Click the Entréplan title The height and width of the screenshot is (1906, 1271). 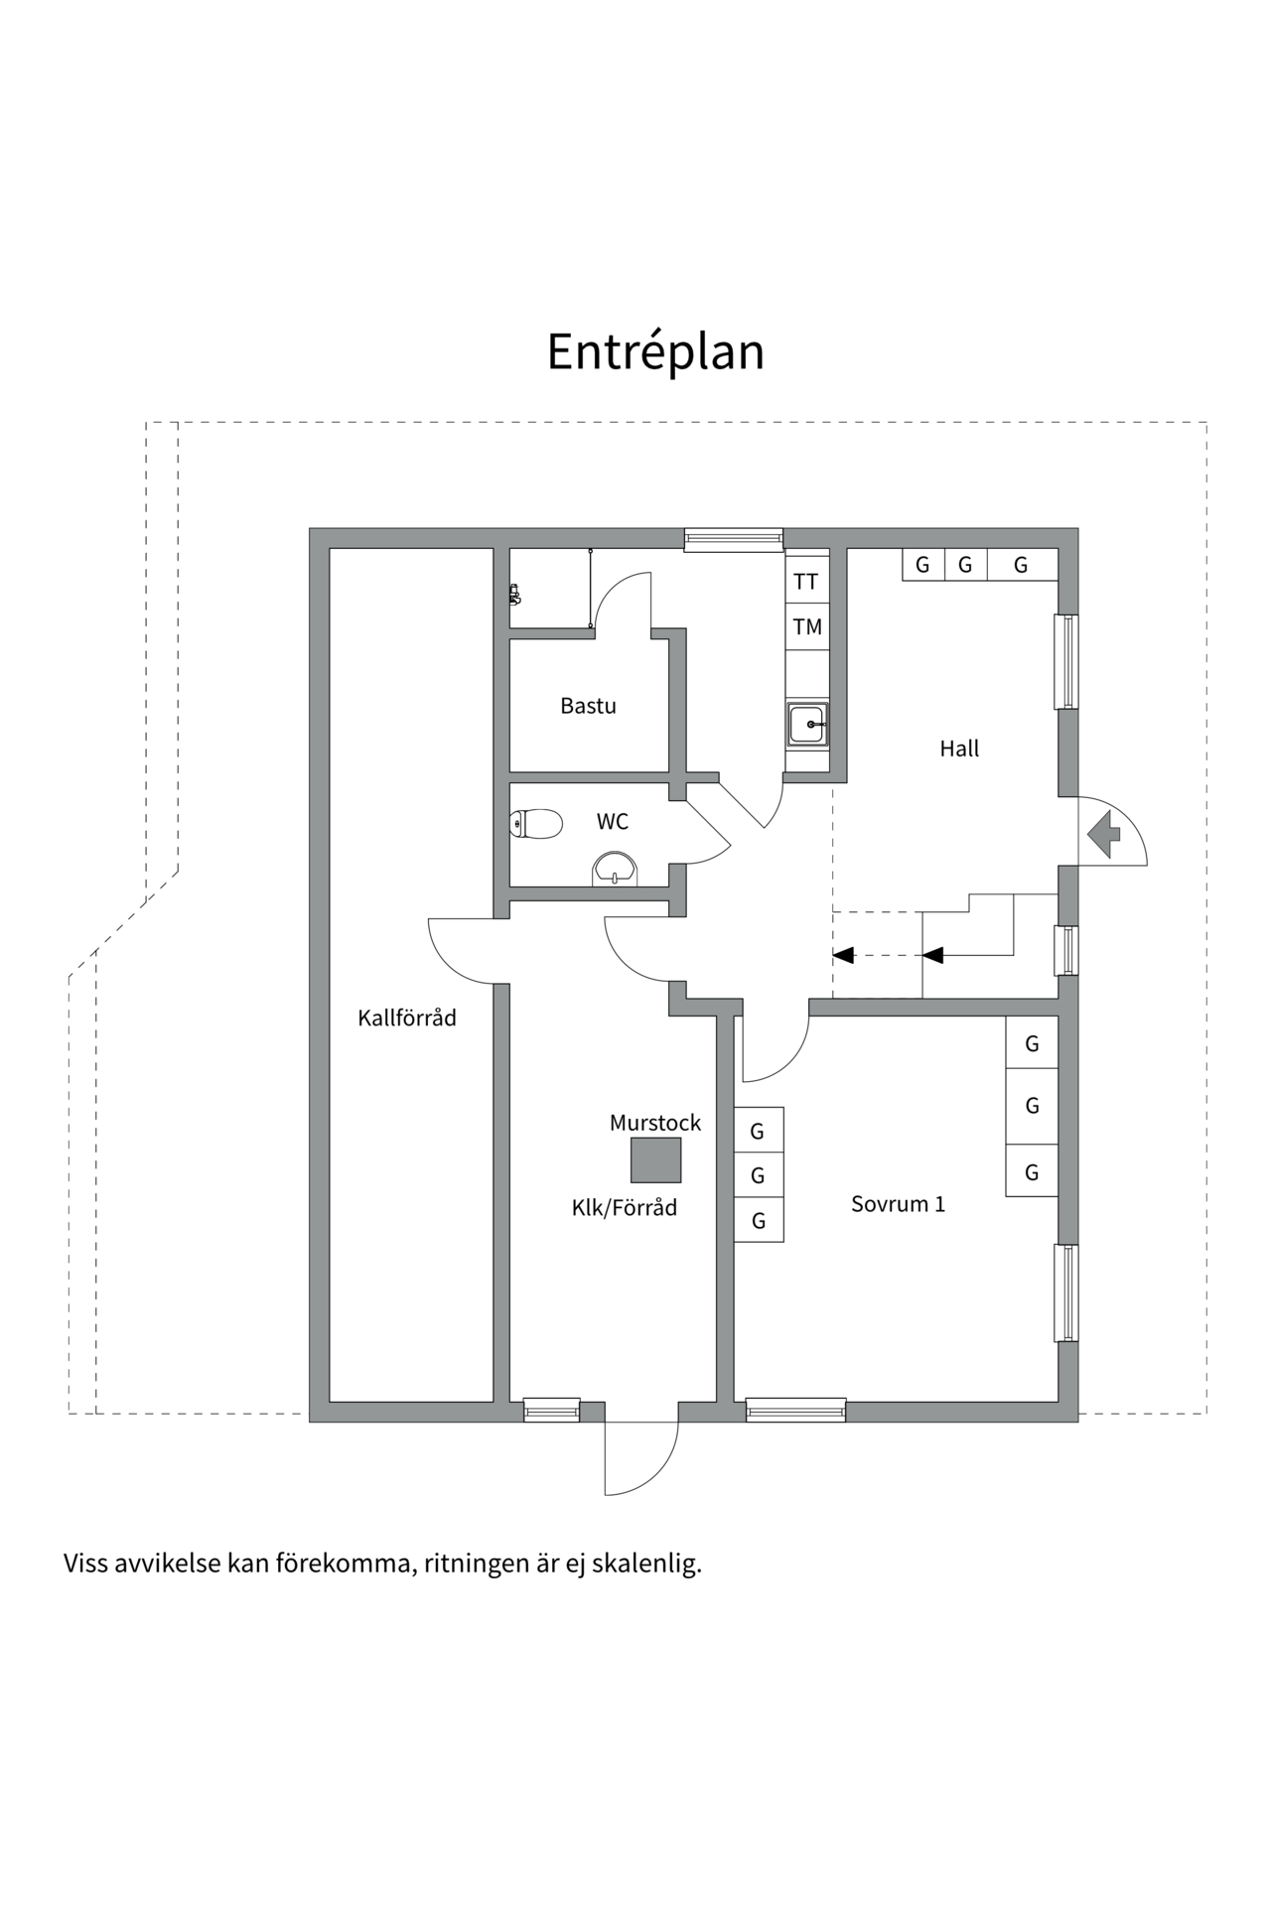point(655,351)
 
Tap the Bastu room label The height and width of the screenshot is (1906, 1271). point(588,706)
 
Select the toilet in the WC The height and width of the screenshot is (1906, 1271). point(535,823)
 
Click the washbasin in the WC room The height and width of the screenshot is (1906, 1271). point(617,870)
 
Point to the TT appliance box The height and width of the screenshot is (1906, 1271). point(806,582)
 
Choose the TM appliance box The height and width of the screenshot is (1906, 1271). point(806,626)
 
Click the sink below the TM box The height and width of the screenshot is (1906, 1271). point(807,724)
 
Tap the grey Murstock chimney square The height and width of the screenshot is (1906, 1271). point(655,1159)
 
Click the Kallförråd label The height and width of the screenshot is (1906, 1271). point(407,1018)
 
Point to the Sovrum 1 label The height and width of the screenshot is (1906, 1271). point(898,1204)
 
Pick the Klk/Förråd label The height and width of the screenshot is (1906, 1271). point(624,1207)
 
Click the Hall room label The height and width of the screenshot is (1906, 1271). point(959,749)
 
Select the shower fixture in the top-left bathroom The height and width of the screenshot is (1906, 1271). point(514,594)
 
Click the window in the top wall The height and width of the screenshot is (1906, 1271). point(733,539)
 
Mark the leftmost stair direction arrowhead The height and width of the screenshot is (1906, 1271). point(844,955)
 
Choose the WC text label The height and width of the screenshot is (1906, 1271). point(612,822)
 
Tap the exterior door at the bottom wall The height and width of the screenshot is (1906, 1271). point(641,1454)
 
